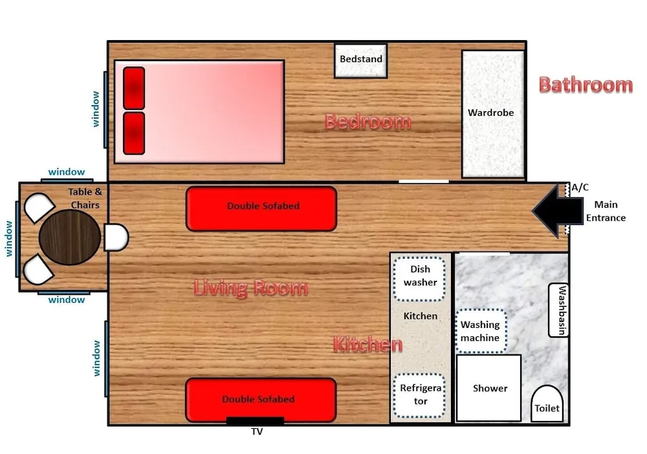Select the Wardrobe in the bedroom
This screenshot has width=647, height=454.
492,114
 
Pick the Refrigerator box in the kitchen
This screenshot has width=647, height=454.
420,395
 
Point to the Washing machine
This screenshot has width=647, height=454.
480,331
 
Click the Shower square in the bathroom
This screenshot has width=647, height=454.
489,388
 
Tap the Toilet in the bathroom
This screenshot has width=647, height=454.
547,404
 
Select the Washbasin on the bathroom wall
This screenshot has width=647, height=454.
559,310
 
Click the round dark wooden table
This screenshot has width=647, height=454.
70,238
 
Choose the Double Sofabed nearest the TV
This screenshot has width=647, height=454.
261,400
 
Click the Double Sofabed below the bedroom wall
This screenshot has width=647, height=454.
261,208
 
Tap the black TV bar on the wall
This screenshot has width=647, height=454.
255,421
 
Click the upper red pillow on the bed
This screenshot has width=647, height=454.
134,88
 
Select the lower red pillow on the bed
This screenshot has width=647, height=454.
134,133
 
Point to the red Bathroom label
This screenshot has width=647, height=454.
585,85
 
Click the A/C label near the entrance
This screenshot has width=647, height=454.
580,188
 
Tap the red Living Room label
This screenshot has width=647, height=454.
250,288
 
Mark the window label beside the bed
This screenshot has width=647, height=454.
96,109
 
